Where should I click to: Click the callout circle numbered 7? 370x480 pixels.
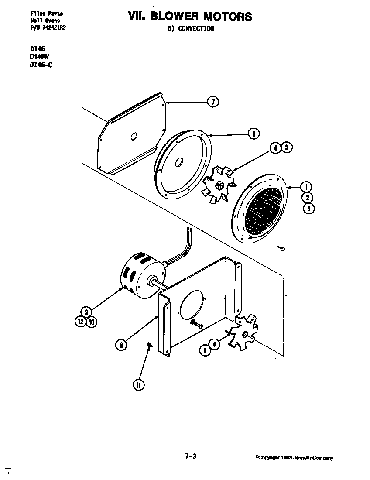tap(213, 102)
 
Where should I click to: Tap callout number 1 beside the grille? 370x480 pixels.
tap(307, 187)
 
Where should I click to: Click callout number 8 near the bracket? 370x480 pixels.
tap(121, 345)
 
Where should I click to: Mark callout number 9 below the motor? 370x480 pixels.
tap(86, 312)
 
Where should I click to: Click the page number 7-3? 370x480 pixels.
tap(191, 456)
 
